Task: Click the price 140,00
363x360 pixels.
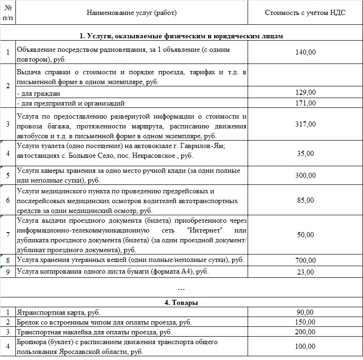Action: point(306,52)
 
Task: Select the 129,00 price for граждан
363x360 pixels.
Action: point(306,93)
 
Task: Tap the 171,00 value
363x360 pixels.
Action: point(306,103)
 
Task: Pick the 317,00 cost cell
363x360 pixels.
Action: point(306,124)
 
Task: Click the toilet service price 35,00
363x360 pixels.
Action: point(306,153)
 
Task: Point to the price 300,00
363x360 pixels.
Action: point(306,176)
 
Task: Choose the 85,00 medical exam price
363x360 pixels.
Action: point(306,200)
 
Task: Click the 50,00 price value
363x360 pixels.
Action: point(306,235)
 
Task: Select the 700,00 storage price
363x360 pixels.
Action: point(306,260)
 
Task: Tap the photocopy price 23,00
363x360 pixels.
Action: point(306,272)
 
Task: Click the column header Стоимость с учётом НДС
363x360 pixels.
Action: point(305,13)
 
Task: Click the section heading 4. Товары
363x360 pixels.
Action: point(181,303)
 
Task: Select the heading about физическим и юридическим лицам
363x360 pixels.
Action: point(181,36)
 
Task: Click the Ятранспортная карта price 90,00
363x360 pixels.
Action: point(306,312)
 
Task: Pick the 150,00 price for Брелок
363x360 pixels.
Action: point(306,322)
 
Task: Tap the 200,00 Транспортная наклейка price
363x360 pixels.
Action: point(306,332)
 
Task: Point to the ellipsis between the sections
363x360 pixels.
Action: point(181,289)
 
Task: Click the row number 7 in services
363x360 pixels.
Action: point(7,235)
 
